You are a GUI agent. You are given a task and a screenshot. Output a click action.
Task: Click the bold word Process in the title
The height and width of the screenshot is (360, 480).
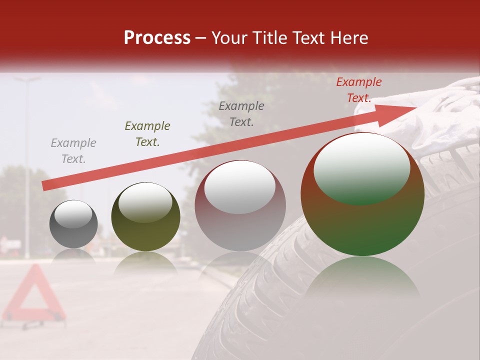pyautogui.click(x=157, y=38)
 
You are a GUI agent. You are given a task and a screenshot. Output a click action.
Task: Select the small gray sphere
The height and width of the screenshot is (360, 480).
pyautogui.click(x=73, y=224)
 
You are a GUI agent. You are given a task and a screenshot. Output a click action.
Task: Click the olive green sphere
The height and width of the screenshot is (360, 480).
pyautogui.click(x=145, y=216)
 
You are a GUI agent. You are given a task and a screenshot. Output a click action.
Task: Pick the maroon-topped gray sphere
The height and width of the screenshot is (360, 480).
pyautogui.click(x=240, y=205)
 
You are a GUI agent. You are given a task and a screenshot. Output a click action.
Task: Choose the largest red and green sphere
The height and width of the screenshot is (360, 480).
pyautogui.click(x=362, y=194)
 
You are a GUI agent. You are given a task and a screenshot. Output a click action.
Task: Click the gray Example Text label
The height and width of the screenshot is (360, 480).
pyautogui.click(x=73, y=151)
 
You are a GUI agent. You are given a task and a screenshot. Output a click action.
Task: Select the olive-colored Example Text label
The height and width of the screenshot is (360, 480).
pyautogui.click(x=147, y=134)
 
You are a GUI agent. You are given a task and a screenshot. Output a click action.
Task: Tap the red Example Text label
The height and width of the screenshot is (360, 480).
pyautogui.click(x=359, y=90)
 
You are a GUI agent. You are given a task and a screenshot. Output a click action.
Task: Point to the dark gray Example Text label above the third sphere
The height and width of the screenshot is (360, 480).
pyautogui.click(x=241, y=113)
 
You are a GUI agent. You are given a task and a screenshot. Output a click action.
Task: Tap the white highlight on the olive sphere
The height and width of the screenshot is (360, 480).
pyautogui.click(x=145, y=202)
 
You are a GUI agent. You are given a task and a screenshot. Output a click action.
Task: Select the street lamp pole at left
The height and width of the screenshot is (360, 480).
pyautogui.click(x=26, y=165)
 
